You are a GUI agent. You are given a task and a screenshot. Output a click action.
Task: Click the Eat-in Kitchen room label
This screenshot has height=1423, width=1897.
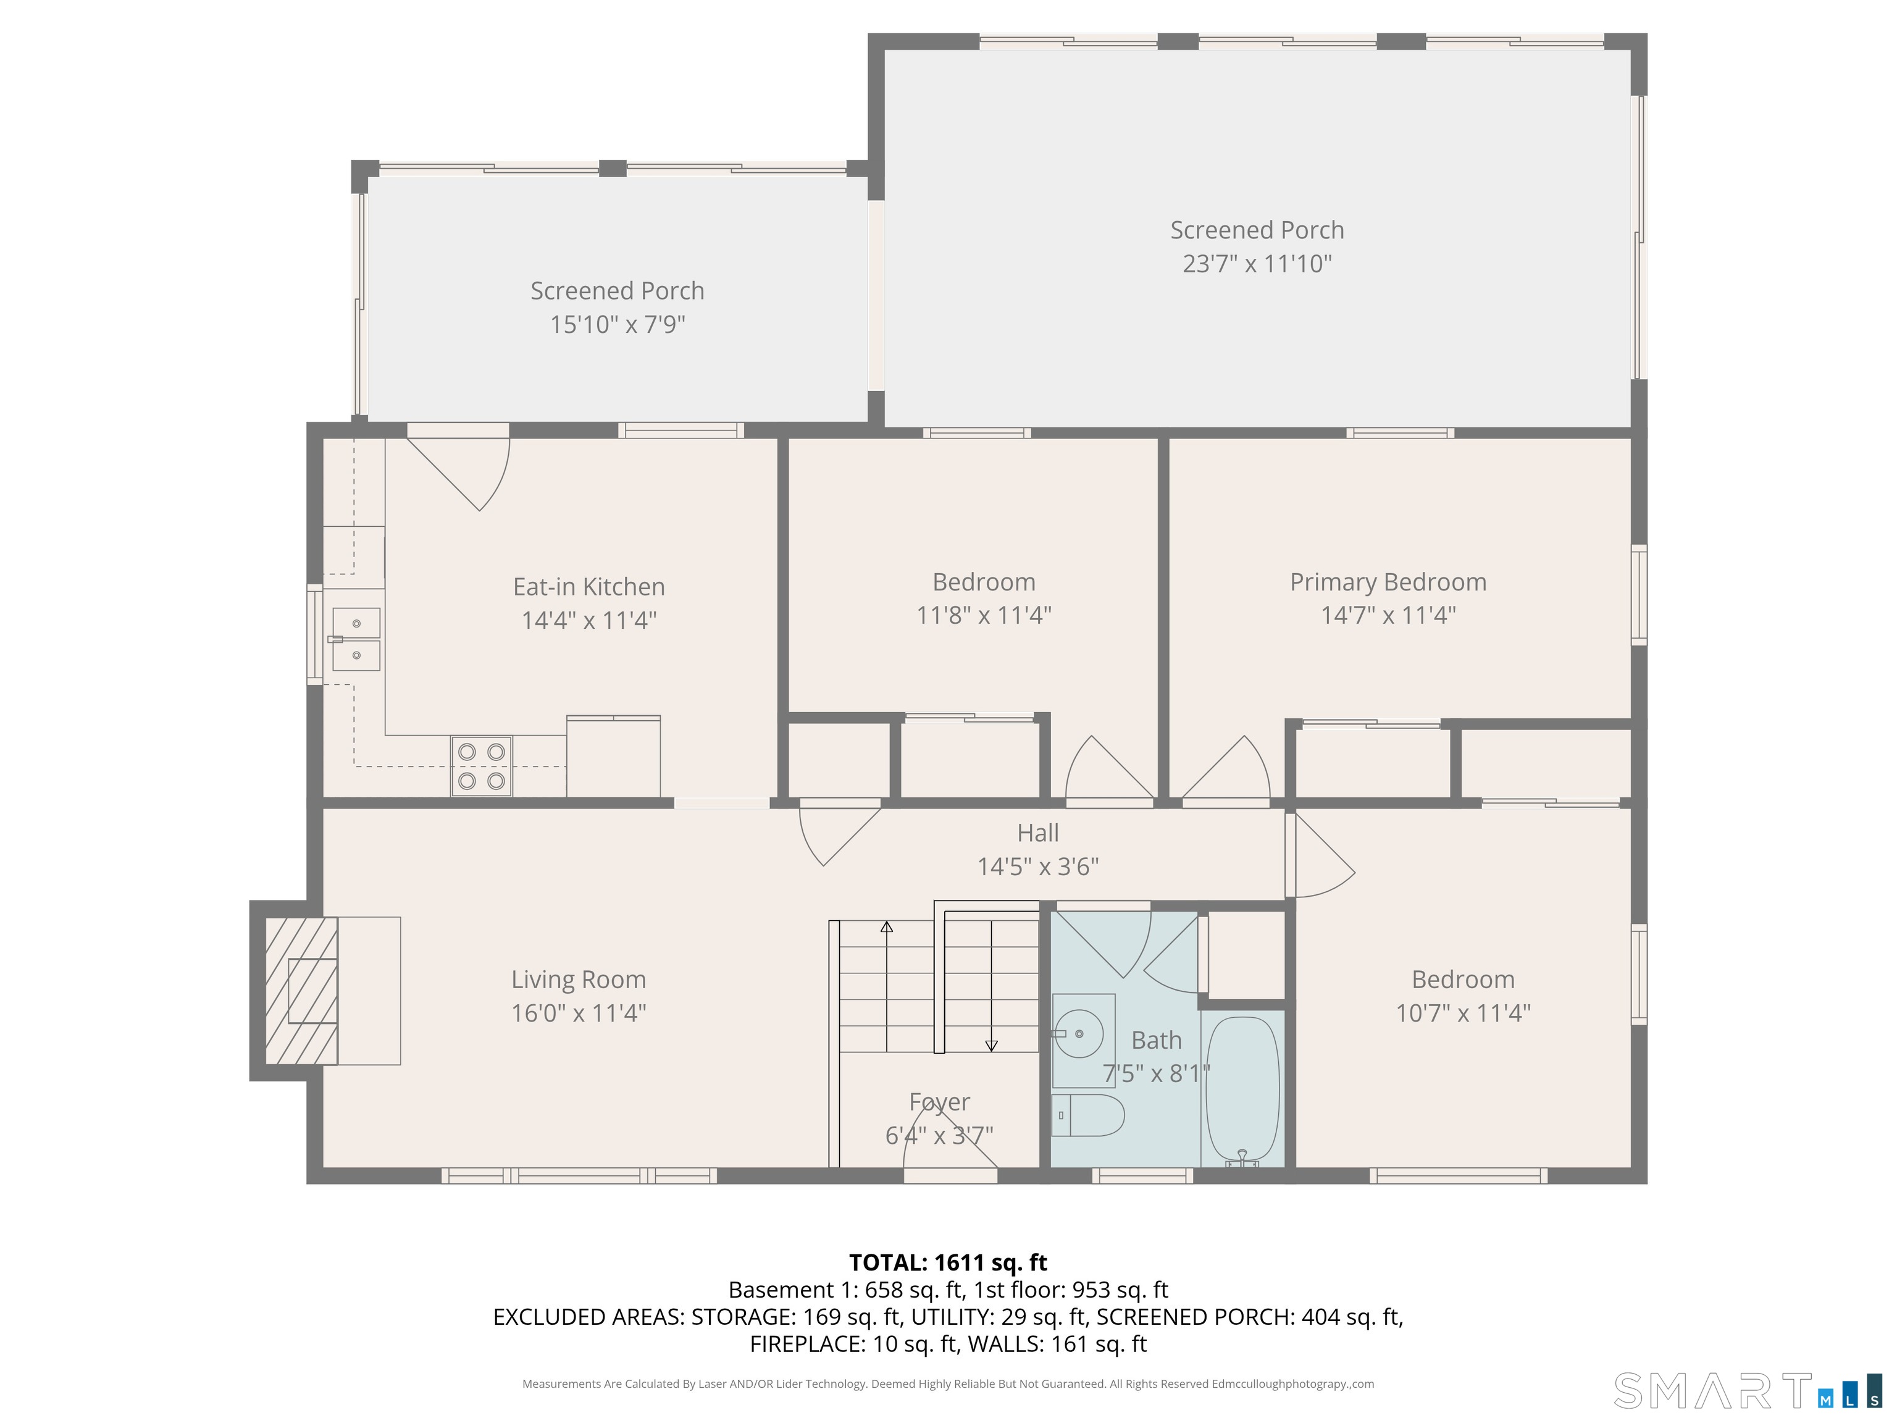588,587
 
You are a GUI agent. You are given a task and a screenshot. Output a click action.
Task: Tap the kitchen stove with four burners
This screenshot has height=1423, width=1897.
481,766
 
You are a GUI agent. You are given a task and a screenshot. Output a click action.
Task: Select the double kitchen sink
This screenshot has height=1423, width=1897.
356,639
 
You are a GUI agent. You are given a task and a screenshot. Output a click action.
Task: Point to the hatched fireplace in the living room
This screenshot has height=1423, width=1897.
301,991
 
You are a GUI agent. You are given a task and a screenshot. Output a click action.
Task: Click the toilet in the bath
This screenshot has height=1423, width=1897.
1087,1115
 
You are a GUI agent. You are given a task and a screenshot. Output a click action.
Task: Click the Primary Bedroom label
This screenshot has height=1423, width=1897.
1388,582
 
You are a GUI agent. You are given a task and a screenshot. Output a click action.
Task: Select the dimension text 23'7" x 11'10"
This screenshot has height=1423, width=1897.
1257,263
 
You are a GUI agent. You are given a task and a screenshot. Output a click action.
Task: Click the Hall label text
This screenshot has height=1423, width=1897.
1037,833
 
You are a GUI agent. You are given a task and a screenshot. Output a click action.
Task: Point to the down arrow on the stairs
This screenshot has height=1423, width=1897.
991,1045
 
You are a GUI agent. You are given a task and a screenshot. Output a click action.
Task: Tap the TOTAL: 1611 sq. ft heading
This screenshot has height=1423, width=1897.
948,1262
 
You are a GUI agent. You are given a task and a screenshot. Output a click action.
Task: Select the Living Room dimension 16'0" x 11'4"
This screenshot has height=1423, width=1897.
578,1013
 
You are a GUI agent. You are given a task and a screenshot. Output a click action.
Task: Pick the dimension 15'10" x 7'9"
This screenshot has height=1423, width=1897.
617,324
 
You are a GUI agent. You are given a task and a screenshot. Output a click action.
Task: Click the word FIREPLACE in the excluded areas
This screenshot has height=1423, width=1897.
806,1344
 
